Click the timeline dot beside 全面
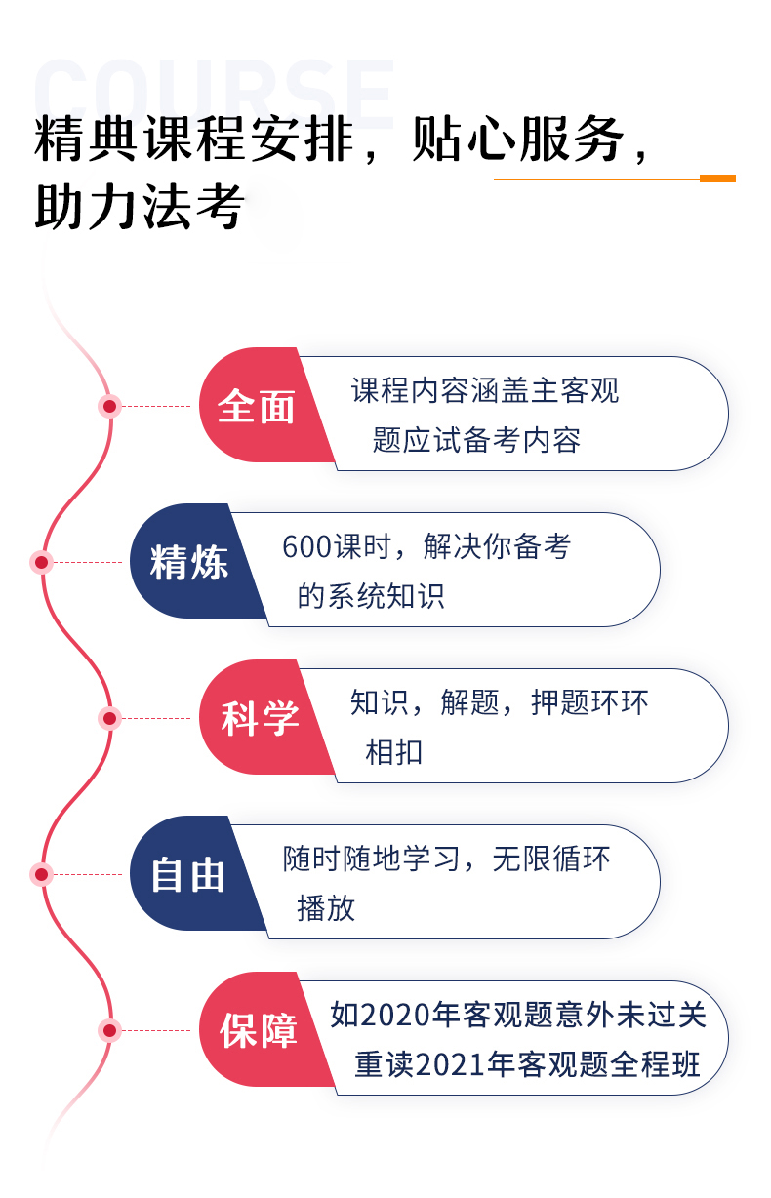[x=109, y=406]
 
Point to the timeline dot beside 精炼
[x=41, y=562]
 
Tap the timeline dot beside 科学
[x=109, y=718]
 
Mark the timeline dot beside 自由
[x=41, y=874]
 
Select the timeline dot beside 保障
[x=109, y=1030]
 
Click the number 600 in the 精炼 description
[x=307, y=547]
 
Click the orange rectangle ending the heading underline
[x=717, y=179]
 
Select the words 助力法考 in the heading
[x=141, y=207]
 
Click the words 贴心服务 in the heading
[x=518, y=139]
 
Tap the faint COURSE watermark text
[x=214, y=94]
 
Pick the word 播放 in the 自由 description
[x=326, y=907]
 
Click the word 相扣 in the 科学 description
[x=393, y=751]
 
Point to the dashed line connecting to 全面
[x=156, y=406]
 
